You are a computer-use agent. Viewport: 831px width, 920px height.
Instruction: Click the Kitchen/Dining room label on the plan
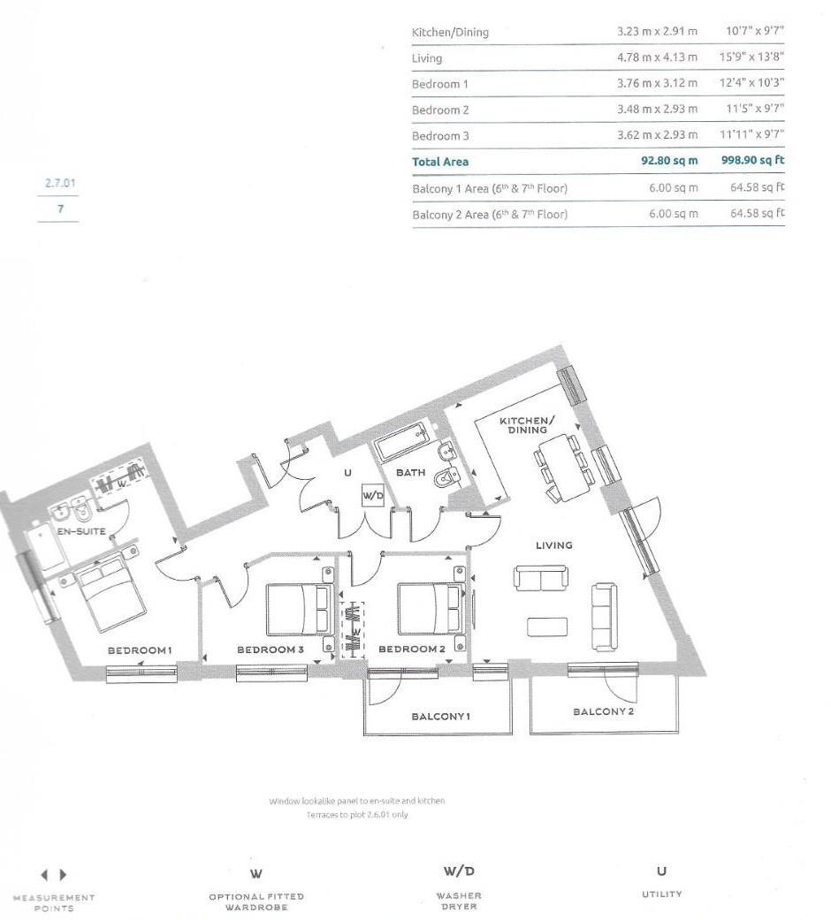[528, 424]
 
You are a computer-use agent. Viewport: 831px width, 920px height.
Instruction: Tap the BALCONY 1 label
[440, 716]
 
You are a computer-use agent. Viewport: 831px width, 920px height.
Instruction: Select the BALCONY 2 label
[603, 711]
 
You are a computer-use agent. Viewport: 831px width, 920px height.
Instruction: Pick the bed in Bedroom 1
[111, 596]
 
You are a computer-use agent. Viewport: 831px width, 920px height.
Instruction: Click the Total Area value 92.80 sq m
[669, 162]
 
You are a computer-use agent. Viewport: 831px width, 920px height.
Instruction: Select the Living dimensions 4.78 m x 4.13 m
[657, 58]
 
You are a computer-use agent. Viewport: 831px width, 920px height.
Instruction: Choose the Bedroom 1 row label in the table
[440, 84]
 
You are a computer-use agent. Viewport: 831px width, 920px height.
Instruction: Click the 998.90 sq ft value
[752, 162]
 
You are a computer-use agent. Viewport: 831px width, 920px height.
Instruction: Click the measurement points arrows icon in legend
[54, 875]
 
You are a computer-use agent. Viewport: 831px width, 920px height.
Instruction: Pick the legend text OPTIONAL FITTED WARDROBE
[256, 901]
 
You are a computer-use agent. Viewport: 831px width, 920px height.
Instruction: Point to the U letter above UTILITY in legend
[662, 871]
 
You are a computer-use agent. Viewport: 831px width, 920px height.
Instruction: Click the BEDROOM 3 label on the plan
[271, 650]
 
